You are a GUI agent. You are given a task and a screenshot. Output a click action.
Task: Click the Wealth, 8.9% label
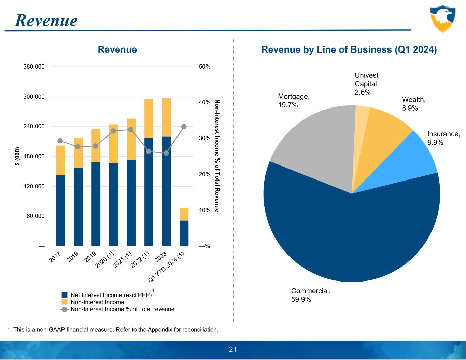pos(414,103)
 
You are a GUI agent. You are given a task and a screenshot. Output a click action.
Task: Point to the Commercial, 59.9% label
pos(311,295)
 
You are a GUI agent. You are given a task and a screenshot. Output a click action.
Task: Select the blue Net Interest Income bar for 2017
pos(61,210)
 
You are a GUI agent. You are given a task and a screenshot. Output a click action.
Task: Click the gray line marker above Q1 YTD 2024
pos(184,127)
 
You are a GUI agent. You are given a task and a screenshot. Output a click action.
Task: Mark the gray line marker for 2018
pos(78,147)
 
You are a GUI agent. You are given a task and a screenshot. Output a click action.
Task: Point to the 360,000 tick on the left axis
pos(34,67)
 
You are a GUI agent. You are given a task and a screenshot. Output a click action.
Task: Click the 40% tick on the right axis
pos(204,102)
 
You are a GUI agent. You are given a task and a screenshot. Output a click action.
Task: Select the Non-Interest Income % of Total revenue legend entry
pos(122,309)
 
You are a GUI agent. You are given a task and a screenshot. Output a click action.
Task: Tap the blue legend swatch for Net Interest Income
pos(65,295)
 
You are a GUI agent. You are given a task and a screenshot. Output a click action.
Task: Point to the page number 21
pos(233,349)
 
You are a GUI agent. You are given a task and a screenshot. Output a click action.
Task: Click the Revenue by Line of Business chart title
pos(349,50)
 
